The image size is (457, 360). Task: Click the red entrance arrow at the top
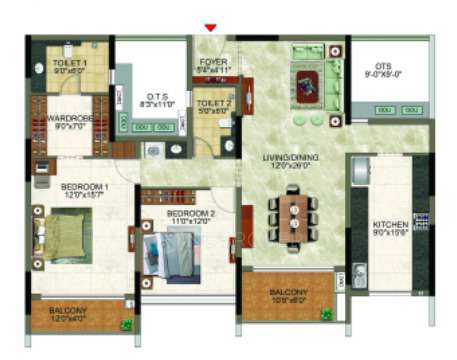tap(209, 27)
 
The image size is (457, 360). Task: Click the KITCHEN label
tap(390, 226)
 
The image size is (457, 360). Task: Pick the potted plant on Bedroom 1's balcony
tap(126, 324)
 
